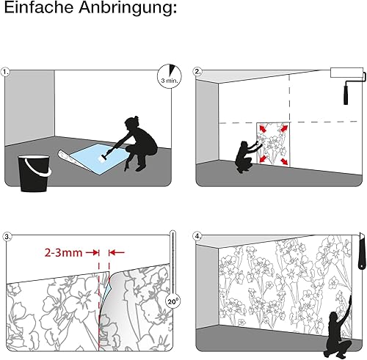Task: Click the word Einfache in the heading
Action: pos(39,7)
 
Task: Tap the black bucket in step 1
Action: pos(34,173)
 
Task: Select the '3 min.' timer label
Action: pos(169,80)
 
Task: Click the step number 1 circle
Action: pos(5,73)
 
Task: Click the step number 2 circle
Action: pos(197,72)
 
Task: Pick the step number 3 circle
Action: pos(7,237)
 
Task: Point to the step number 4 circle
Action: pos(197,236)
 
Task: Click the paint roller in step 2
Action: pos(347,83)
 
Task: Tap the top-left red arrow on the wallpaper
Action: pos(263,128)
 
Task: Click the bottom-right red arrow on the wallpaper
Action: pos(284,161)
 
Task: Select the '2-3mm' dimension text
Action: pos(63,253)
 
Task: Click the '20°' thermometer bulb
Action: pos(172,301)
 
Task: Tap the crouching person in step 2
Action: pos(245,156)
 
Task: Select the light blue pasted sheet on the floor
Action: pos(98,158)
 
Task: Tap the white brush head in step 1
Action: pos(102,158)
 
